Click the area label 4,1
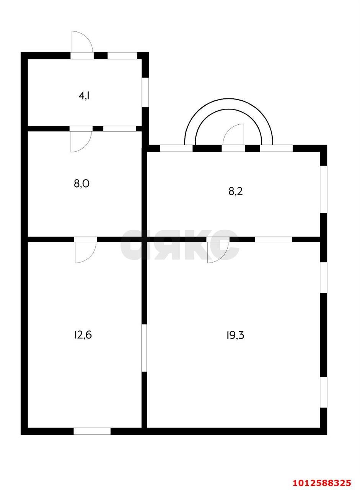(85, 96)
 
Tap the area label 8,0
(81, 183)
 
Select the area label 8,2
(236, 191)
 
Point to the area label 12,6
(83, 335)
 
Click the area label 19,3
(235, 335)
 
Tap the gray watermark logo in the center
(180, 245)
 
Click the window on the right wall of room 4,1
(145, 92)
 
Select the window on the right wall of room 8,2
(324, 189)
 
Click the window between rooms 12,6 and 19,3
(144, 348)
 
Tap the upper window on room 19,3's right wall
(324, 278)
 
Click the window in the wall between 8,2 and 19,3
(274, 239)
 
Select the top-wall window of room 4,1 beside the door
(122, 56)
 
